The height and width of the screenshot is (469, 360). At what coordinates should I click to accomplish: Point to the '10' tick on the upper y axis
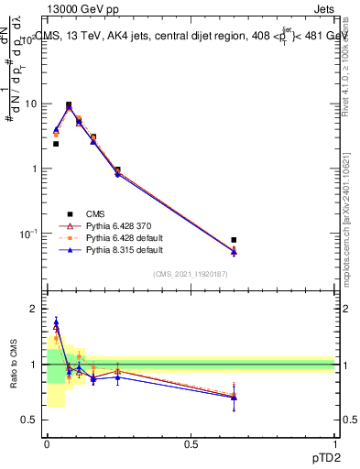click(29, 104)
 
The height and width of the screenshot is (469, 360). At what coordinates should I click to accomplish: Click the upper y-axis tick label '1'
click(34, 169)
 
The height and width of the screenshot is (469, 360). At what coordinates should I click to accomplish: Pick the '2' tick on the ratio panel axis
click(35, 309)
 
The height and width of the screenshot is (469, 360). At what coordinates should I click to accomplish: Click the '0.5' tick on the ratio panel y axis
click(29, 420)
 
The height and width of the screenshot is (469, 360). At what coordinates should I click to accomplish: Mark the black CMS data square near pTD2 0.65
click(234, 240)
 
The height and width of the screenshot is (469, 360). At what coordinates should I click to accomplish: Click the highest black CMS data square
click(69, 104)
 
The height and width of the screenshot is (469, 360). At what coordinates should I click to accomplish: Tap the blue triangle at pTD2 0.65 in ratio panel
click(234, 398)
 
